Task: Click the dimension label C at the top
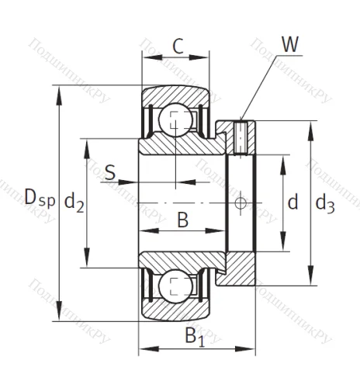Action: coord(178,46)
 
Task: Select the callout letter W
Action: coord(290,44)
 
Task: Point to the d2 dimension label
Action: coord(74,203)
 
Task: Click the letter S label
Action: coord(110,171)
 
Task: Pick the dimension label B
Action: coord(182,220)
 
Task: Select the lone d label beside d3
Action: coord(292,203)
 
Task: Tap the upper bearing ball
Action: coord(175,122)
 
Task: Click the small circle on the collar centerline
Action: coord(241,203)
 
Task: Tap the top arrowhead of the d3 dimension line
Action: coord(311,125)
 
